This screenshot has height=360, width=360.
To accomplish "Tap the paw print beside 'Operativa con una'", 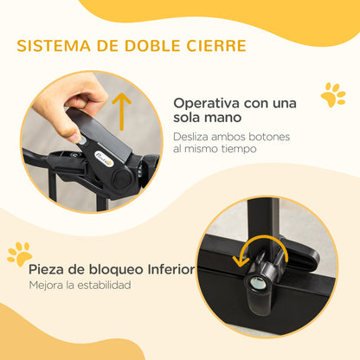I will (332, 94).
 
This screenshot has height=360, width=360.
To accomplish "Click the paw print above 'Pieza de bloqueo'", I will (19, 253).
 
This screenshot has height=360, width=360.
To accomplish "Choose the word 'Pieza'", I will (49, 269).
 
